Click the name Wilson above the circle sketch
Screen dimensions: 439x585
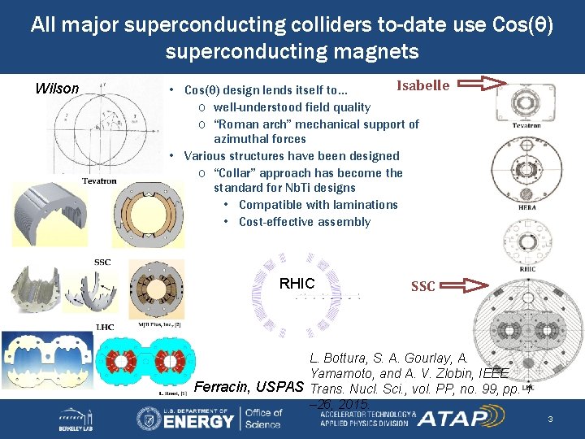57,89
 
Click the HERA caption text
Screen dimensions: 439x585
526,207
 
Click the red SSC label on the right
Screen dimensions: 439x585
422,286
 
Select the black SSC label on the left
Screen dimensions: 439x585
102,262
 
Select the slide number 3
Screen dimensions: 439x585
550,419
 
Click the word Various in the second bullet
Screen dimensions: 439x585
203,156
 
